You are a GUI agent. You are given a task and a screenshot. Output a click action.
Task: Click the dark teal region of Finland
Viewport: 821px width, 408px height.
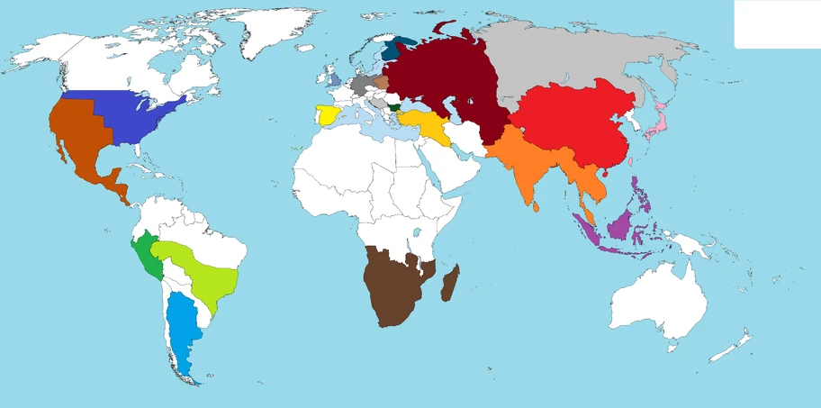coord(392,50)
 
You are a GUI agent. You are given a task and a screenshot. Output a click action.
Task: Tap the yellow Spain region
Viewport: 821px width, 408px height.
coord(328,117)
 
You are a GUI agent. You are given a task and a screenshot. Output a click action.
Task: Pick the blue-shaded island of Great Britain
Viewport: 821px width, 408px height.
coord(335,80)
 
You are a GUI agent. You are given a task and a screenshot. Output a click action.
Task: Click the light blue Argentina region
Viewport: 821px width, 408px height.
coord(185,333)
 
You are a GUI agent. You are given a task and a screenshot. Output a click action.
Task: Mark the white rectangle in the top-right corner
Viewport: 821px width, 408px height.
coord(776,23)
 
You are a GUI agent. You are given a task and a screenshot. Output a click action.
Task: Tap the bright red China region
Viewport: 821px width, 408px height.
coord(576,126)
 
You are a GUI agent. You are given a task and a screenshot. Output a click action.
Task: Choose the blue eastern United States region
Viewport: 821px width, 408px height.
coord(144,117)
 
